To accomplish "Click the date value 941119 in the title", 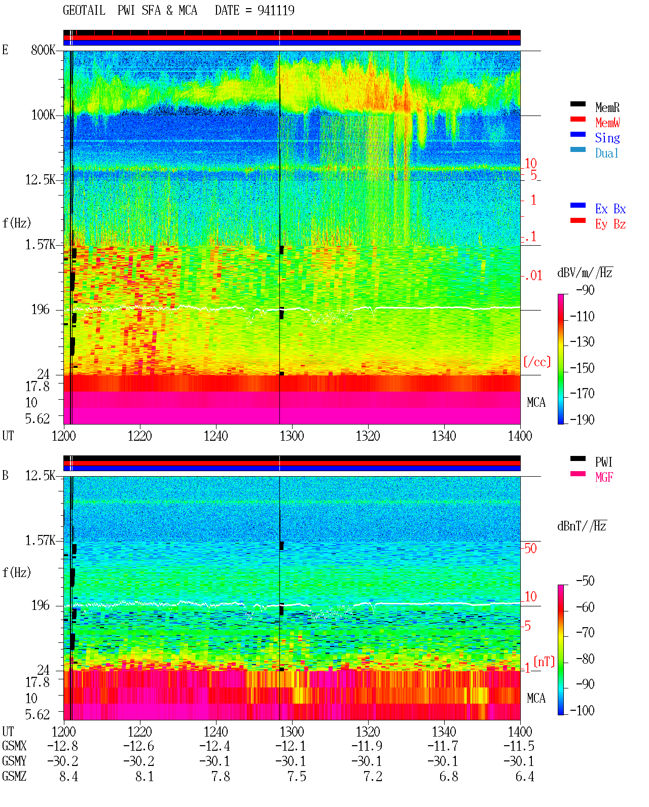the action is pos(276,11).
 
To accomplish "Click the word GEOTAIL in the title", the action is pos(84,11).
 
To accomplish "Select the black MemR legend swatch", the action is pos(578,104).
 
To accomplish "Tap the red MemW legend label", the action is pos(607,123).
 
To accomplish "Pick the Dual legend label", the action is pos(607,153).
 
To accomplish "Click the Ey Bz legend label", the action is pos(610,224).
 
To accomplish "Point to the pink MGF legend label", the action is pos(604,477).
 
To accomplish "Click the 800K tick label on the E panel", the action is pos(43,50).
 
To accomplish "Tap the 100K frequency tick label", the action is pos(43,115).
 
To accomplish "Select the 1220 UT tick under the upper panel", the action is pos(139,436).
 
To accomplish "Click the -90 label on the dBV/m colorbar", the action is pos(585,290).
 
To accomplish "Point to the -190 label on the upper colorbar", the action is pos(582,419).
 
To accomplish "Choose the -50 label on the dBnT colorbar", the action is pos(585,581).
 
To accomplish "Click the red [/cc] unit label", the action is pos(537,362).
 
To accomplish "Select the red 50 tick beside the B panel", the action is pos(530,549).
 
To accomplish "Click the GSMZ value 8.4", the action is pos(68,777).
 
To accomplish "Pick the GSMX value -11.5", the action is pos(519,746).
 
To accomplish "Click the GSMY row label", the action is pos(14,761).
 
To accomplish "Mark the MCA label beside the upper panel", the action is pos(536,403).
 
